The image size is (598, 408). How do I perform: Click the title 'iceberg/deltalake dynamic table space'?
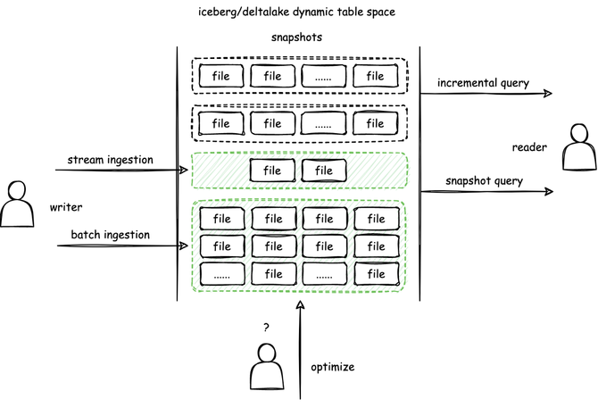[x=298, y=12]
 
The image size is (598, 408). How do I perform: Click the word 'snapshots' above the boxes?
[x=297, y=38]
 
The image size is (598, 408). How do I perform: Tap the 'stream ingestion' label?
[x=111, y=160]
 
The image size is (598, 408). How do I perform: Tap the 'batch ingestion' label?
[x=111, y=236]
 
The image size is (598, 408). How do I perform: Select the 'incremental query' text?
[x=483, y=84]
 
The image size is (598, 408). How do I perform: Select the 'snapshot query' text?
[x=483, y=181]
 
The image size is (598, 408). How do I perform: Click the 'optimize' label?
[x=333, y=367]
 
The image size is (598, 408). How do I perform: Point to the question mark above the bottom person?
[x=265, y=328]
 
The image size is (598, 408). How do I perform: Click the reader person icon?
[x=578, y=147]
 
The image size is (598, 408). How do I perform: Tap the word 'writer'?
[x=66, y=207]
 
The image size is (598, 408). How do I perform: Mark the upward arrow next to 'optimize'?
[x=300, y=348]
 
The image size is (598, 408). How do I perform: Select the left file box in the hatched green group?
[x=272, y=171]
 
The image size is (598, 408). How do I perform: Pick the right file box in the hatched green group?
[x=324, y=171]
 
